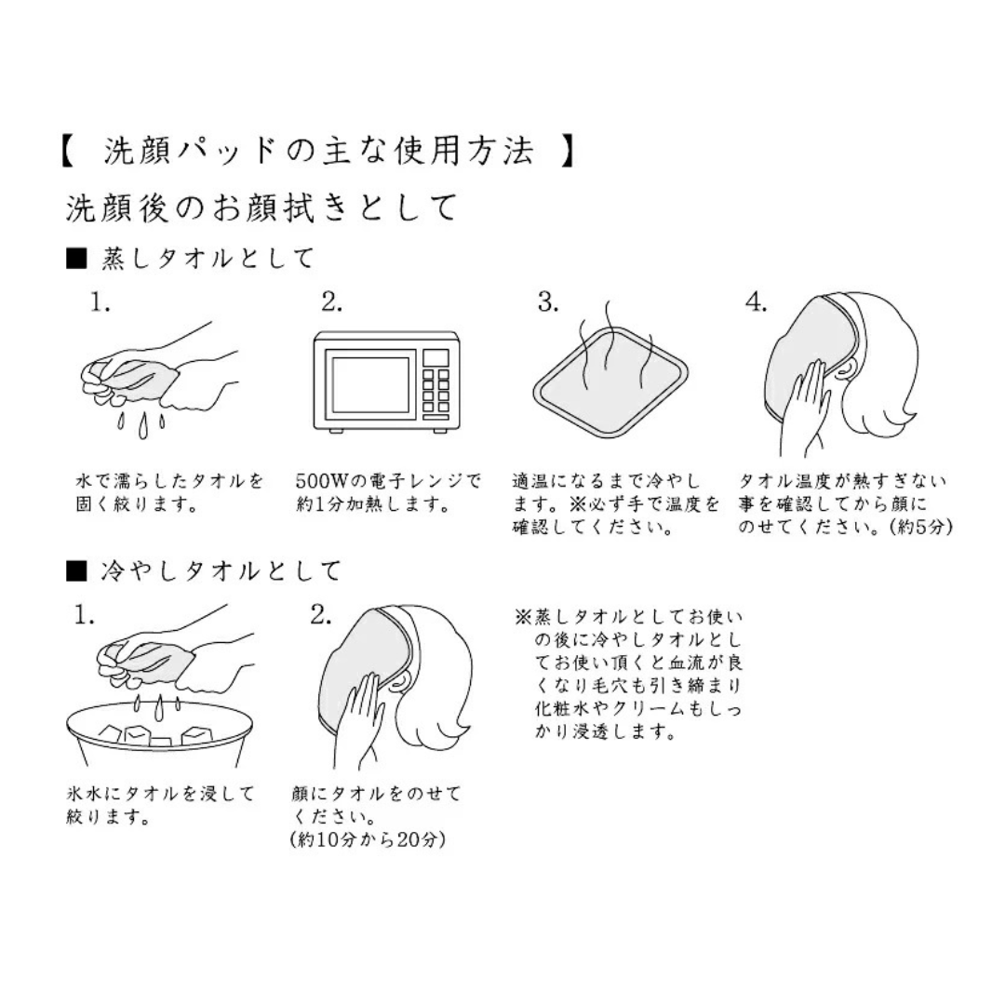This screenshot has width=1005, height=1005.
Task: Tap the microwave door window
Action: pos(369,384)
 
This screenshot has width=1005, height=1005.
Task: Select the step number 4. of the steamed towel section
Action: pos(756,301)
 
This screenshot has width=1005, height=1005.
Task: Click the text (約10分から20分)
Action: pos(368,839)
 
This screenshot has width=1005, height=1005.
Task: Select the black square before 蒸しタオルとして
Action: pos(76,259)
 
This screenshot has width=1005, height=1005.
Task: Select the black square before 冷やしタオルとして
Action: pos(76,570)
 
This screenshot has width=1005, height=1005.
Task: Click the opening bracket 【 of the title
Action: pos(68,152)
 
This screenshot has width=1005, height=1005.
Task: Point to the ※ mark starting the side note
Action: pos(524,617)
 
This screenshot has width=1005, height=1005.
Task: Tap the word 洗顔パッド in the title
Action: pos(191,152)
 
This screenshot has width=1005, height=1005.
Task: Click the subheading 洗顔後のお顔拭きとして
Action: pos(262,207)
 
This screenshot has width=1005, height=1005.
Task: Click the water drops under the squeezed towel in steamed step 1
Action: pos(141,424)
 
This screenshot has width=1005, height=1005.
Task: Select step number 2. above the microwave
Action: pos(331,301)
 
